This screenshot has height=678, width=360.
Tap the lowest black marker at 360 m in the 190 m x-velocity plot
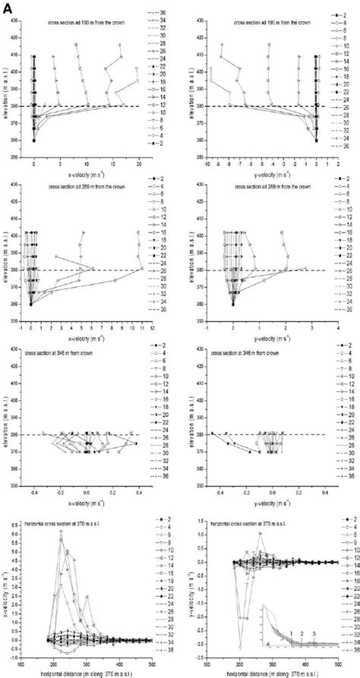(34, 140)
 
